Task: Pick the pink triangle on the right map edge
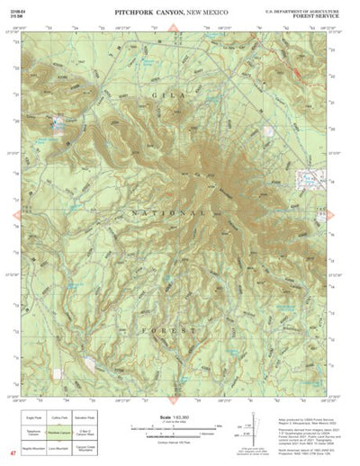pos(348,215)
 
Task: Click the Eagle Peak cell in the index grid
pos(31,417)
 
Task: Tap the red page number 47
pos(12,455)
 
